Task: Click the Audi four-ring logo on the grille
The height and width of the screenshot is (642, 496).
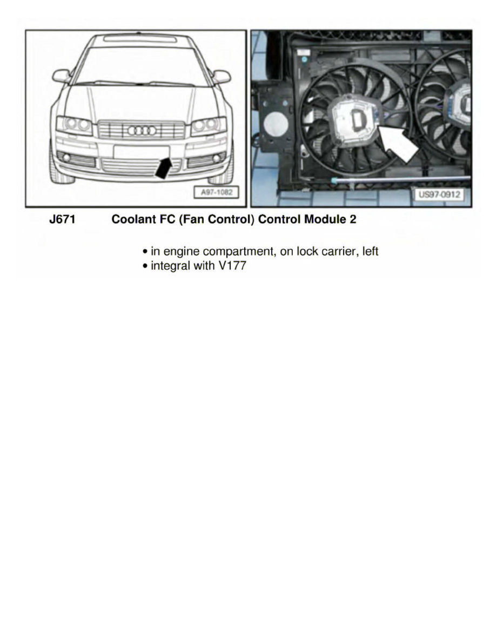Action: (142, 130)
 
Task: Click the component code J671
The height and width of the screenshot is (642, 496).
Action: (62, 220)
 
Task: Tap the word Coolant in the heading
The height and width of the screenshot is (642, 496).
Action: (130, 220)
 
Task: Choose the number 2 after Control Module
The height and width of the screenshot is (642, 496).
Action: (352, 220)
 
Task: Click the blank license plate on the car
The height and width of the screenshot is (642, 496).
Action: (141, 152)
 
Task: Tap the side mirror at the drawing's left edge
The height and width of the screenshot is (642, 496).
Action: (61, 76)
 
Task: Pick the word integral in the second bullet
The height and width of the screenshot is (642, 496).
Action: (170, 266)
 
